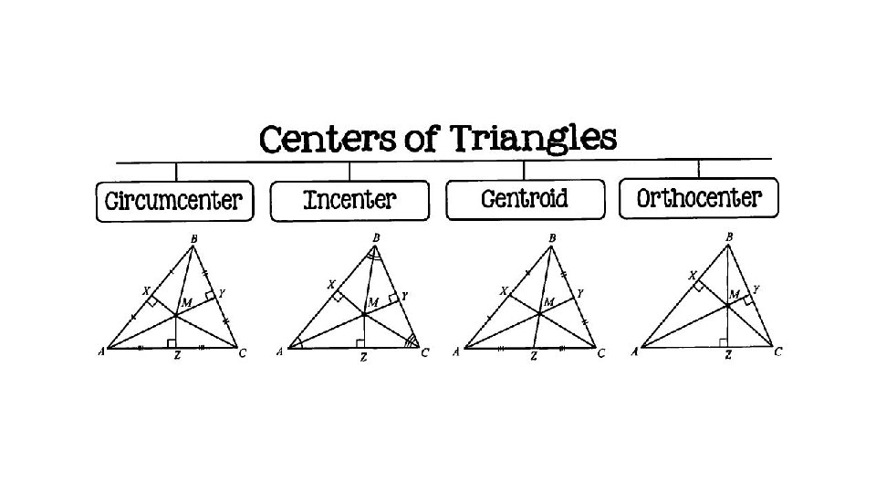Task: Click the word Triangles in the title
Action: point(533,141)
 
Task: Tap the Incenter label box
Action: point(349,199)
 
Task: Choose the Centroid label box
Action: point(525,199)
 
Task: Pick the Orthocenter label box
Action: point(698,198)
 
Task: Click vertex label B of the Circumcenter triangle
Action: point(193,240)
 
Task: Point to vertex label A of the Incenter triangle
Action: point(279,351)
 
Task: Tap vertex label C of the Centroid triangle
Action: point(600,352)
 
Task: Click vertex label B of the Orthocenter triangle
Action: point(729,236)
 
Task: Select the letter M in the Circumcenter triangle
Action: point(186,302)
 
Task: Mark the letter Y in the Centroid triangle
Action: point(579,293)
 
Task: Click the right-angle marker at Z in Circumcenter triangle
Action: point(171,343)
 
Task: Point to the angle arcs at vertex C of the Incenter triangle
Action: point(412,341)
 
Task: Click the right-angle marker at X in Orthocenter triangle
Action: point(698,286)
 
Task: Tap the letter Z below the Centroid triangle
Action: point(533,357)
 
